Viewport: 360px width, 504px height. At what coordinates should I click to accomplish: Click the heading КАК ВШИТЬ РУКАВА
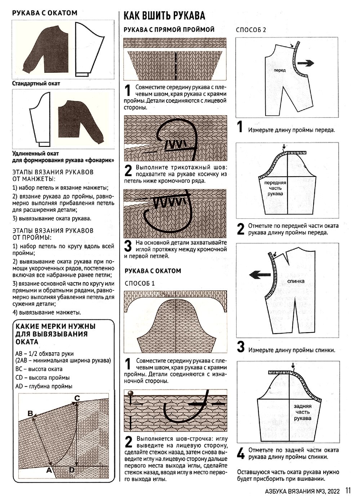coord(164,15)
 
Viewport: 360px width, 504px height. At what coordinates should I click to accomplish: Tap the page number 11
coord(348,491)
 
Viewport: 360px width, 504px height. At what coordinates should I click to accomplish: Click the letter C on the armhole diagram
coord(77,398)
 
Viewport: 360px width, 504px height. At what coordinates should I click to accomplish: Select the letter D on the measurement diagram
coord(72,470)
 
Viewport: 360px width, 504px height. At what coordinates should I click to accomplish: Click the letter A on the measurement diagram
coord(49,470)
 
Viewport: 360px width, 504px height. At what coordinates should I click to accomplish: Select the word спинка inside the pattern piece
coord(296,281)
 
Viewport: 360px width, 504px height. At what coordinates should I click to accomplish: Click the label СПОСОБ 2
coord(251,30)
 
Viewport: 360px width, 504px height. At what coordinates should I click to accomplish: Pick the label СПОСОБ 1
coord(139,283)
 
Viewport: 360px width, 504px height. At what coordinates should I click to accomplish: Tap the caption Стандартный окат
coord(36,84)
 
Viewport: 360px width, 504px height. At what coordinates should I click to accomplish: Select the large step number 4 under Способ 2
coord(241,453)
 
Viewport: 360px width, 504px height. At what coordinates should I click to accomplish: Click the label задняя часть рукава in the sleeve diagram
coord(302,412)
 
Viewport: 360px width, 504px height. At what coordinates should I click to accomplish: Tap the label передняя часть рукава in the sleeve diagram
coord(275,188)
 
